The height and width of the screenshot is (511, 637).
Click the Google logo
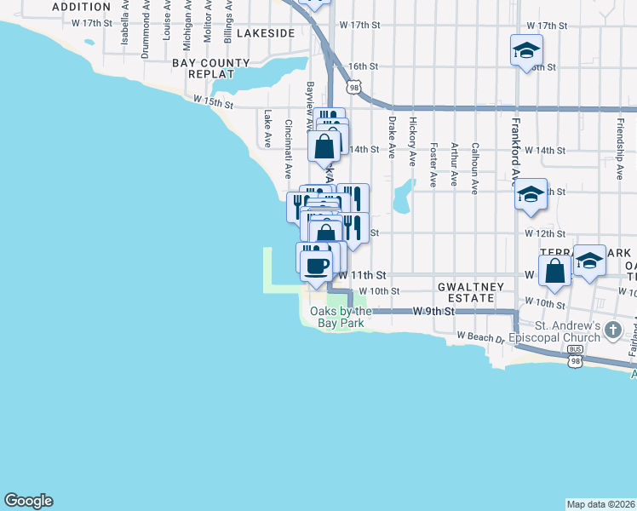(x=28, y=501)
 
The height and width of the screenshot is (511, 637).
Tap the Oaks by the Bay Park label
(x=336, y=317)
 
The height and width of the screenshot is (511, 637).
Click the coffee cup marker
(x=317, y=265)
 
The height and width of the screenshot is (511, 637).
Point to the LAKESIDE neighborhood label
(x=266, y=32)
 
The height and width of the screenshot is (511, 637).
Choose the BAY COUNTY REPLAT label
(x=211, y=68)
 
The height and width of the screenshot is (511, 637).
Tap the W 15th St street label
(x=213, y=102)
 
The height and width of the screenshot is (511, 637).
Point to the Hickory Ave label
(x=412, y=141)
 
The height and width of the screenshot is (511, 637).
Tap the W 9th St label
(x=431, y=313)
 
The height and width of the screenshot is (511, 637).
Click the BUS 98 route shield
(x=577, y=361)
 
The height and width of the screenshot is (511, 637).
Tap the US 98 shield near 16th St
(x=353, y=87)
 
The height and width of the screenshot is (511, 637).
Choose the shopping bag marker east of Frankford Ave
(x=555, y=273)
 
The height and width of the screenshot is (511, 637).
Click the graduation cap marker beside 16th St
(x=526, y=50)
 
